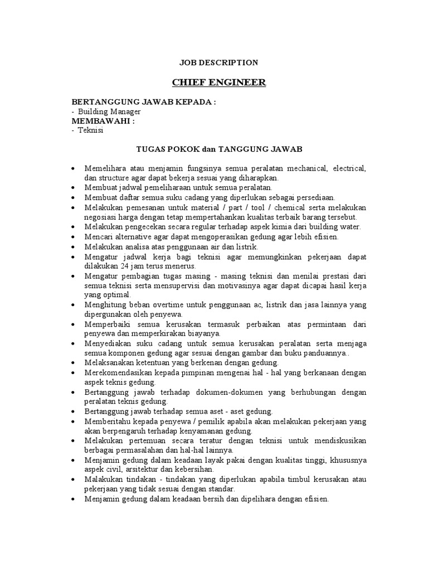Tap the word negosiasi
click(104, 216)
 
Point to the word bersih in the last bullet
click(220, 499)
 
